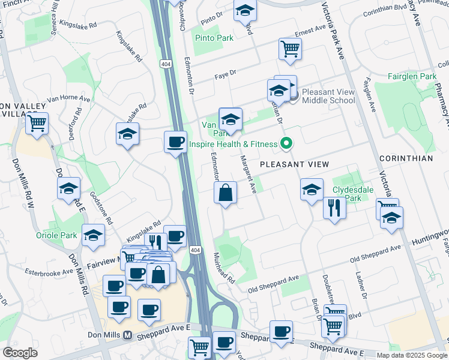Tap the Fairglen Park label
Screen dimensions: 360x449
[412, 77]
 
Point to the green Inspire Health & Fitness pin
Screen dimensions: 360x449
[286, 143]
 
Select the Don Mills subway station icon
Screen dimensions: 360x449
[127, 335]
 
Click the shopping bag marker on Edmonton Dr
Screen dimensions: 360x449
[225, 193]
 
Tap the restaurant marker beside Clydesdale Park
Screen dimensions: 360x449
[334, 208]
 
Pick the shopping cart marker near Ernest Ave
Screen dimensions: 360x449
[290, 49]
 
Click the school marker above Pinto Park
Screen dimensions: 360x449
[244, 11]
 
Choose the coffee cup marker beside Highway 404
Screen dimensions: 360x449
[175, 142]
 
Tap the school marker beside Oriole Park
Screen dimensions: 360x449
[93, 236]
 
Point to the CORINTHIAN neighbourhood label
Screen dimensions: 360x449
[406, 158]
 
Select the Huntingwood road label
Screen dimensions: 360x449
[430, 238]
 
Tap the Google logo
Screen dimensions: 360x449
[20, 353]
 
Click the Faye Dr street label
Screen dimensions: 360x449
[226, 77]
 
